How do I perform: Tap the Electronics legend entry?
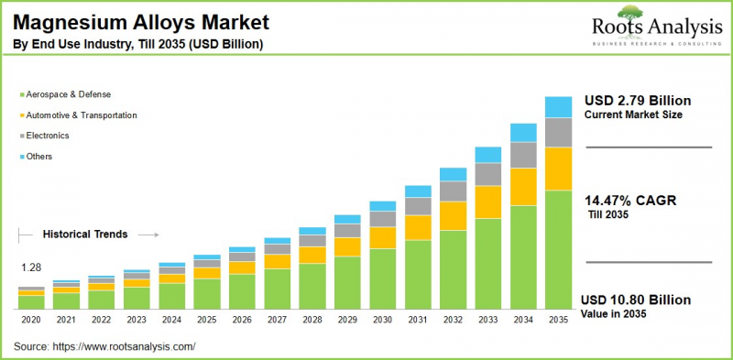click(x=49, y=136)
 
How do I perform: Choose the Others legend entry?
click(x=41, y=157)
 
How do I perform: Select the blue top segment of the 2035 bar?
click(x=558, y=107)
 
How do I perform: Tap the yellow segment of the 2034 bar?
click(x=523, y=187)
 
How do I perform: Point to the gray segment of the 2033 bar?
click(x=487, y=174)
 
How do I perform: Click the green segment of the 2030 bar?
click(x=382, y=278)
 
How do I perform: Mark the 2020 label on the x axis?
click(x=30, y=321)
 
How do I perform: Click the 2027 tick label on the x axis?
click(x=277, y=321)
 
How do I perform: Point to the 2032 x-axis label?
click(x=453, y=321)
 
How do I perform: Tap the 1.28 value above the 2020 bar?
click(x=32, y=267)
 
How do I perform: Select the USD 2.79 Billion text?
click(x=638, y=100)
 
